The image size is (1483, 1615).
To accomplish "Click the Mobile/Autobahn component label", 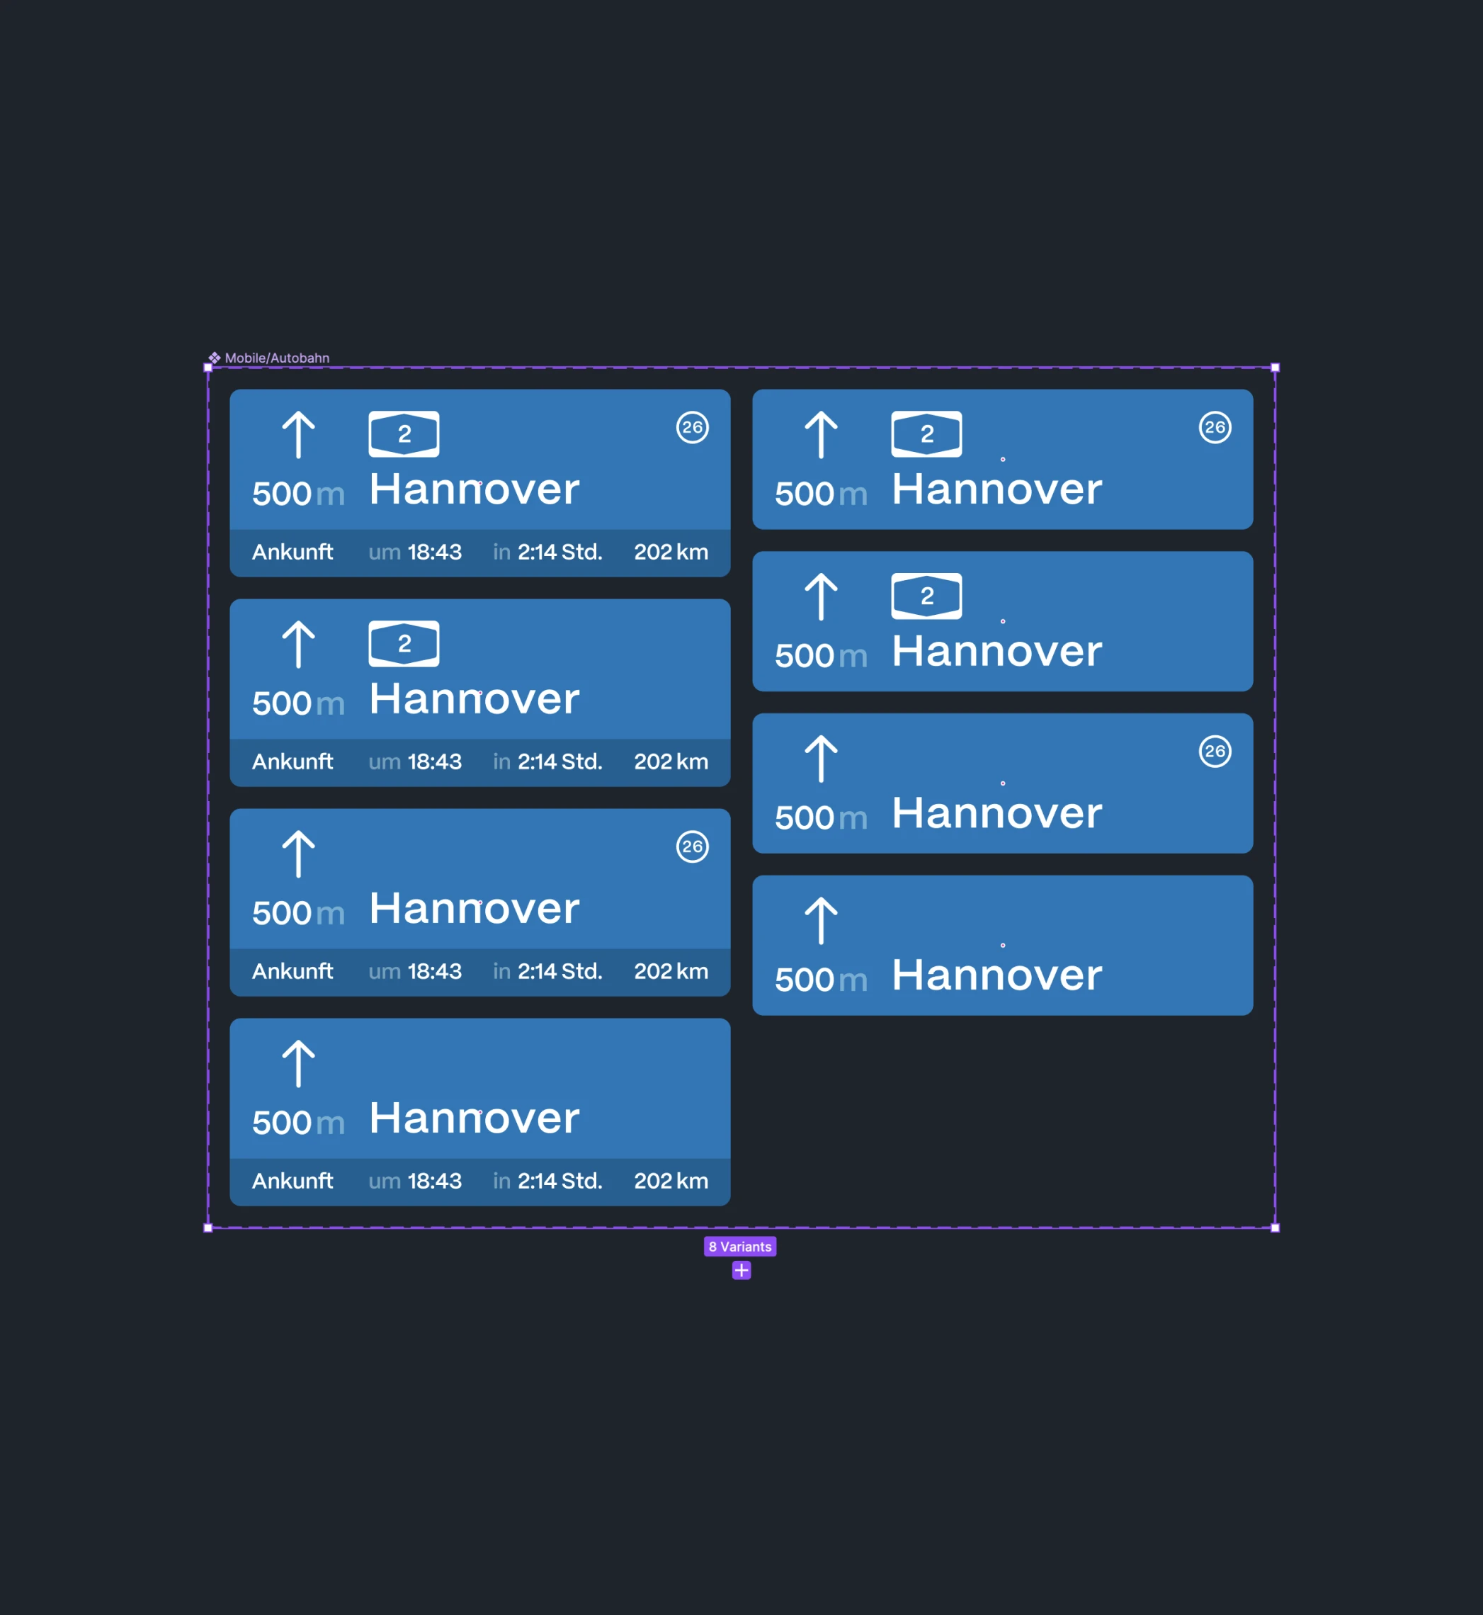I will click(x=277, y=358).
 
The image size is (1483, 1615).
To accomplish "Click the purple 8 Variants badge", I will click(x=740, y=1247).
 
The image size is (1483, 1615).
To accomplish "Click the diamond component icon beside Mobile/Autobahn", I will click(x=215, y=358).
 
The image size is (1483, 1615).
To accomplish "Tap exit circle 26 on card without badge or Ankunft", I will click(x=1215, y=752).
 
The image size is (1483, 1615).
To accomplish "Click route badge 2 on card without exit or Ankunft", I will click(x=926, y=596).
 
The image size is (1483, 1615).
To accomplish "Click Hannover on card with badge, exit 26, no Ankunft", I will click(x=996, y=489).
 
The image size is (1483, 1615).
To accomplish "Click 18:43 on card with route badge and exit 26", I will click(x=434, y=552).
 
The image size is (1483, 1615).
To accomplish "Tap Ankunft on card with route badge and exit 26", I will click(x=292, y=552).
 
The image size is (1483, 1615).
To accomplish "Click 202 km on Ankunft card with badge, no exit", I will click(x=671, y=761).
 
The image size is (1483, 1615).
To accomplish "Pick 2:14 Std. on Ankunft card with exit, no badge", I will click(x=559, y=971).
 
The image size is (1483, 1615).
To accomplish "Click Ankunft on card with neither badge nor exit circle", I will click(x=292, y=1181).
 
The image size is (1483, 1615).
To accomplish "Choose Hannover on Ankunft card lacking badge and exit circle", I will click(x=475, y=1118).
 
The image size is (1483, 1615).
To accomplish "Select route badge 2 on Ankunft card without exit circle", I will click(x=404, y=644).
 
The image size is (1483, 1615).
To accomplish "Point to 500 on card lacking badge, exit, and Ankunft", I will click(x=804, y=980).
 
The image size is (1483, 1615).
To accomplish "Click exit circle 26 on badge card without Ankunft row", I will click(x=1215, y=428).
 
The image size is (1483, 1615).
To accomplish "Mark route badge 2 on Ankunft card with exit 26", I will click(x=404, y=434).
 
